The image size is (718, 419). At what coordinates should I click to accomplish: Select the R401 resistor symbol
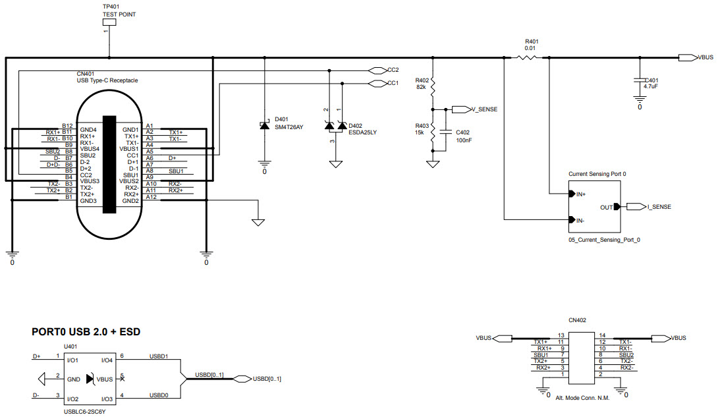526,58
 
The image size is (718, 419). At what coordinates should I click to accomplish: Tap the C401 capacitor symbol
639,79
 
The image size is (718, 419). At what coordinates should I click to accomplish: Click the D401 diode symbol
265,126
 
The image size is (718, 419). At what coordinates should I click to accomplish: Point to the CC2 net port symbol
377,70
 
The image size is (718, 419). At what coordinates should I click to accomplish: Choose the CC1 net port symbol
377,83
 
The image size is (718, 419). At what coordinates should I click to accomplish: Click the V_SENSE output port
460,109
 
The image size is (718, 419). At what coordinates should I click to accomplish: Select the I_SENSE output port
636,207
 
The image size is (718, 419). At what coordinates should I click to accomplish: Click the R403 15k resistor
433,134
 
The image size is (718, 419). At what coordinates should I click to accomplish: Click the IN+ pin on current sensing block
571,194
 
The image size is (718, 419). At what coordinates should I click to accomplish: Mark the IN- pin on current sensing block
571,220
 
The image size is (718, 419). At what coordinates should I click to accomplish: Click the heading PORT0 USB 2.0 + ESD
86,332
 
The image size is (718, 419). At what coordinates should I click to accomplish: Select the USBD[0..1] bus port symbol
242,379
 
